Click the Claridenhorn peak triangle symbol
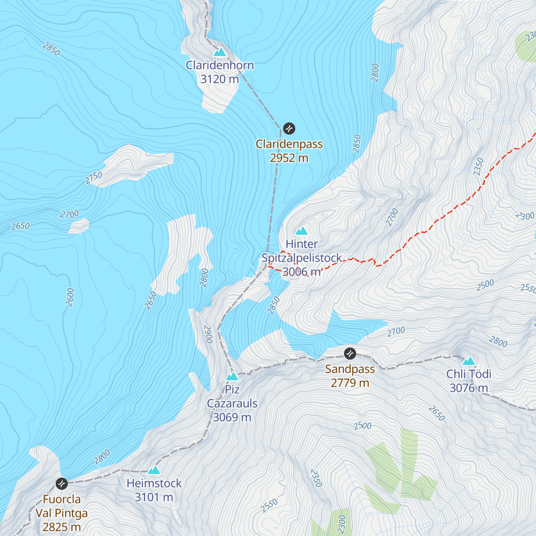(219, 52)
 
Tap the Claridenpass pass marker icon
(289, 129)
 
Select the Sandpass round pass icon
(350, 354)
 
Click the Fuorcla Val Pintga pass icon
(62, 483)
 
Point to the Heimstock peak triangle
(154, 470)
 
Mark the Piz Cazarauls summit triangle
(232, 376)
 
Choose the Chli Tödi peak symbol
(469, 361)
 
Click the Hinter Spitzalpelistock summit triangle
(302, 231)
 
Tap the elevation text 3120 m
(219, 79)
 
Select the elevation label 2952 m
(289, 158)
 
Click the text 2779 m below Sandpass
(350, 383)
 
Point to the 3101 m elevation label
(154, 497)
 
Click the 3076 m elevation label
(469, 388)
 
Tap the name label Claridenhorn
(220, 65)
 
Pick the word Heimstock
(154, 483)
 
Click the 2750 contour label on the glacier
(94, 178)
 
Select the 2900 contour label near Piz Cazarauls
(208, 334)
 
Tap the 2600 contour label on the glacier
(70, 297)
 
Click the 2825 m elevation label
(62, 527)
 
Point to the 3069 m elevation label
(232, 417)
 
